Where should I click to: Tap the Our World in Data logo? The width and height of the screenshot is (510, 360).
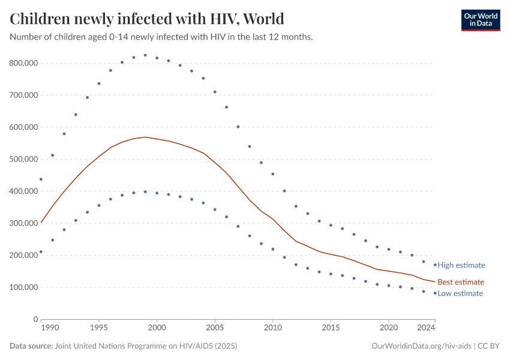click(x=480, y=20)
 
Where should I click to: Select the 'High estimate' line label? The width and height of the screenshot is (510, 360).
click(x=461, y=265)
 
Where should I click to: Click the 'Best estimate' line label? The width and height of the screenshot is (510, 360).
click(x=460, y=282)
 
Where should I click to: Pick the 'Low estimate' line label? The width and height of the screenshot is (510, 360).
click(x=460, y=293)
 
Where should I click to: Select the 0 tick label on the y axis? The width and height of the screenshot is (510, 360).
click(x=35, y=319)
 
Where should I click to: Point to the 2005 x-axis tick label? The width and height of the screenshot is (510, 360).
click(x=215, y=329)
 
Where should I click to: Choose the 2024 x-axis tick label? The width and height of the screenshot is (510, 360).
click(x=426, y=329)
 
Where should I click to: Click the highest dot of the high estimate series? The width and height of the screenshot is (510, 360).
click(x=145, y=55)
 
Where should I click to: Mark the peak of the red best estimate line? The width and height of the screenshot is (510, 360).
click(x=145, y=137)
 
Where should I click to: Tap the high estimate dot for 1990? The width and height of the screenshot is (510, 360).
click(x=41, y=179)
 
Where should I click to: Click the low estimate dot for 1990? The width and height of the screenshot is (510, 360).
click(x=41, y=252)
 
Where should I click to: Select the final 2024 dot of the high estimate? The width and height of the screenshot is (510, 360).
click(x=435, y=265)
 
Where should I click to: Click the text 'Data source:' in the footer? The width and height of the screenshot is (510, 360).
click(x=31, y=346)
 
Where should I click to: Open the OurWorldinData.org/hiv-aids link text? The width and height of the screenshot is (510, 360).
click(x=421, y=346)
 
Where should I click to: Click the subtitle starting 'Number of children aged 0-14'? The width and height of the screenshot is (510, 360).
click(x=161, y=37)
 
